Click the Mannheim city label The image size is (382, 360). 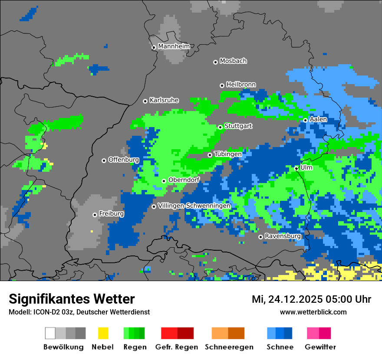[x=174, y=46]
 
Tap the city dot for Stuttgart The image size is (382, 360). [x=220, y=127]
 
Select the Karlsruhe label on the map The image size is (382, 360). [x=164, y=100]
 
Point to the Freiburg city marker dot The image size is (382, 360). [x=95, y=215]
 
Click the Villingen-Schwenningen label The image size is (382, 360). [x=194, y=206]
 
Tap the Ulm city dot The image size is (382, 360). [x=296, y=168]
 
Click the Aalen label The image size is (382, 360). [x=318, y=119]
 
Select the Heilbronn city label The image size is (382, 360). [x=241, y=85]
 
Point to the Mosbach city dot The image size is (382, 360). [x=215, y=62]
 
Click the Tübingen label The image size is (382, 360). [x=227, y=154]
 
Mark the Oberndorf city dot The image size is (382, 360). [x=164, y=181]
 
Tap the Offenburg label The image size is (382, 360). [x=123, y=160]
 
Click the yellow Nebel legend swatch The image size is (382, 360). [x=103, y=333]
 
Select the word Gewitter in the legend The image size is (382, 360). [x=320, y=347]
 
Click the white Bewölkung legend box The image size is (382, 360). [x=50, y=333]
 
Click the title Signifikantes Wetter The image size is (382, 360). [x=72, y=299]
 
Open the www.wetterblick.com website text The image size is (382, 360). [x=313, y=312]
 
